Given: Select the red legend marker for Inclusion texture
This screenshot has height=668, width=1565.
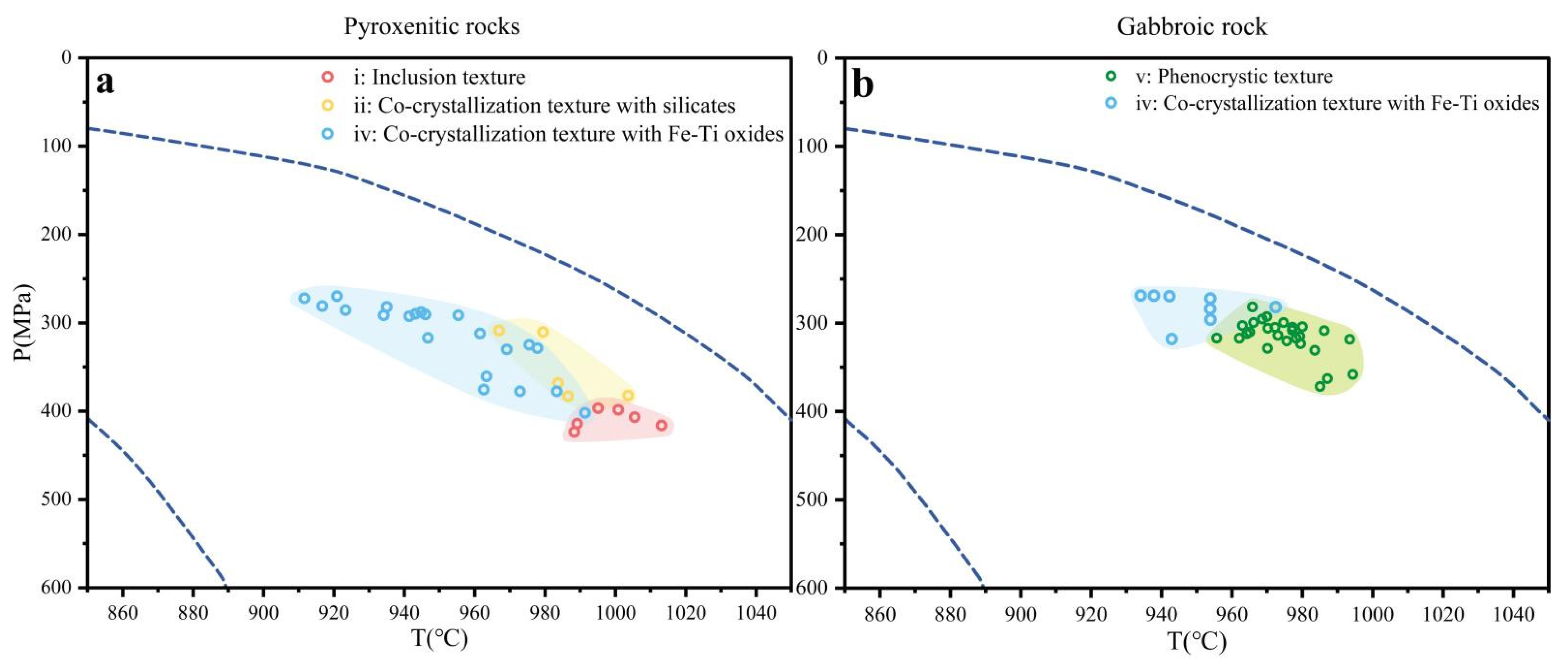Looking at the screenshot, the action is tap(327, 77).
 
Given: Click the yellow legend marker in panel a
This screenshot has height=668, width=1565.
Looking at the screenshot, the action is tap(327, 105).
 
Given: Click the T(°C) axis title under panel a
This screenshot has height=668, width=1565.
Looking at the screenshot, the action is tap(440, 638).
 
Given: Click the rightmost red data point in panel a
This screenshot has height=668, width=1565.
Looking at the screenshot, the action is tap(662, 426).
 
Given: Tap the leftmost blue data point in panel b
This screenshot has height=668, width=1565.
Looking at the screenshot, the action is tap(1141, 295).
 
